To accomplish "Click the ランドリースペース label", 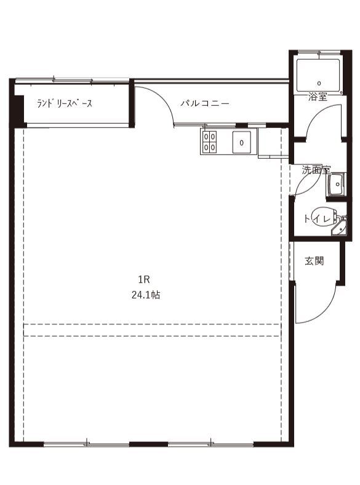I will coord(65,104).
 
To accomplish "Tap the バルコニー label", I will coord(205,104).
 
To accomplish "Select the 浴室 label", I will coord(318,97).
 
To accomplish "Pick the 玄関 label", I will coord(314,261).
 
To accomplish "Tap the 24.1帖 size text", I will coord(146,295).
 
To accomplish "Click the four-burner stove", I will coord(210,142).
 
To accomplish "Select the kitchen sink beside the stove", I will coord(242,142).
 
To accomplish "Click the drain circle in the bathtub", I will coord(319,82).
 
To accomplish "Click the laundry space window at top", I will coord(73,80).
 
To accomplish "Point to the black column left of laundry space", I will coord(18,105).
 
